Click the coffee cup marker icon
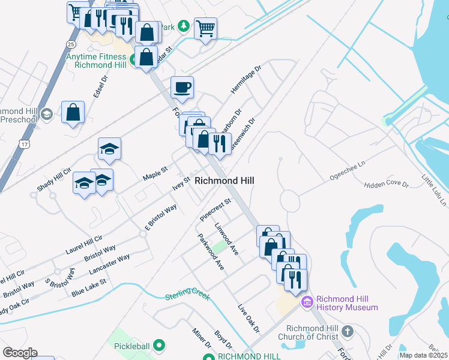182,88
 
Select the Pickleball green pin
159,345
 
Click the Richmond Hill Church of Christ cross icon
347,331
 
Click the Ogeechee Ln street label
348,172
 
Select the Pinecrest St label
215,210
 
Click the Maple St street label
155,175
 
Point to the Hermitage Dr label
246,80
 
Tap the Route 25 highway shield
71,44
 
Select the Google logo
20,353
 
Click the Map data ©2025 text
423,355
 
